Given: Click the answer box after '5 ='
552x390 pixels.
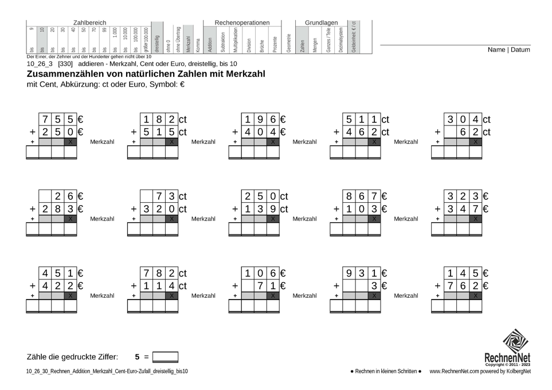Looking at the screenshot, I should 165,357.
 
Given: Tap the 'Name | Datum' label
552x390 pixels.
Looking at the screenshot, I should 508,50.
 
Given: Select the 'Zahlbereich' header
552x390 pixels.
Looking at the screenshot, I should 89,22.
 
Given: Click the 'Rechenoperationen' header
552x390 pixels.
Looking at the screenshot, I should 242,22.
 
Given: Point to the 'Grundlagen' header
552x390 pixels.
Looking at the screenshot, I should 321,22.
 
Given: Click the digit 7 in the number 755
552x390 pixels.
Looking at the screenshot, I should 45,120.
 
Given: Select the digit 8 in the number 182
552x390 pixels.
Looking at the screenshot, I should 159,120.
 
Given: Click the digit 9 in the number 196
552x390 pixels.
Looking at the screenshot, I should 260,120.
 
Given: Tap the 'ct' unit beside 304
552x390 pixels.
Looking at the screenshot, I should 487,120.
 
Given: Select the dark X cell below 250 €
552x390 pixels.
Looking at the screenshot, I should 71,141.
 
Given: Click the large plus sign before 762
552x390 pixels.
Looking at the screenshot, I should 437,286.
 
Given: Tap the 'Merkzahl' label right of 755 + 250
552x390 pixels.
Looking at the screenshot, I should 103,141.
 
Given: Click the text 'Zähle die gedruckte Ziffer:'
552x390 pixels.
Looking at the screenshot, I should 72,357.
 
